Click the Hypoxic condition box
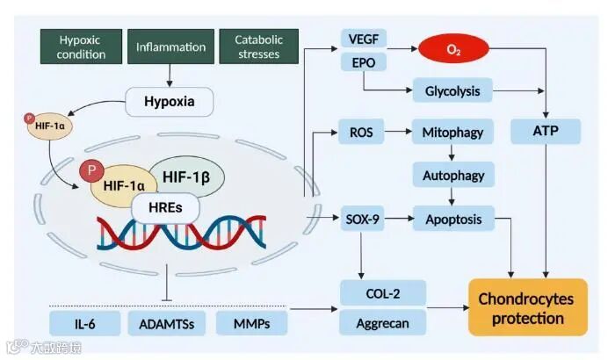tap(82, 47)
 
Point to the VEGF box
tap(364, 40)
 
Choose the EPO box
tap(364, 63)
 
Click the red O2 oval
tap(454, 50)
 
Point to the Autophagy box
tap(453, 175)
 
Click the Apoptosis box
tap(453, 218)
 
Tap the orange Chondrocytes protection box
tap(525, 308)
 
